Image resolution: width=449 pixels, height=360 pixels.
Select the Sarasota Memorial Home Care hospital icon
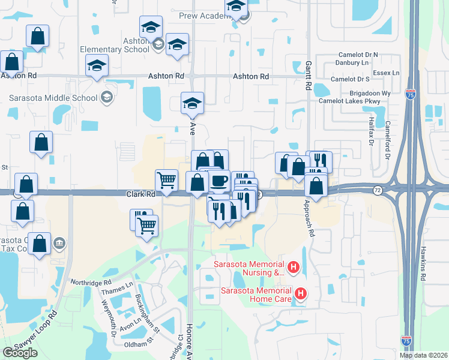click(301, 293)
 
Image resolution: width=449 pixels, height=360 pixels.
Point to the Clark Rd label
click(141, 194)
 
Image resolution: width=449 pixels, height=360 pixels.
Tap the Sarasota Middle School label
click(53, 98)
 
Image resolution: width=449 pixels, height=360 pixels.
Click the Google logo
click(20, 353)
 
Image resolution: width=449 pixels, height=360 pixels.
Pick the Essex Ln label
click(387, 73)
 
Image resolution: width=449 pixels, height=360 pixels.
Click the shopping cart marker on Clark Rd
click(166, 179)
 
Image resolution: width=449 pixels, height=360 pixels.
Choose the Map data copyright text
click(424, 355)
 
